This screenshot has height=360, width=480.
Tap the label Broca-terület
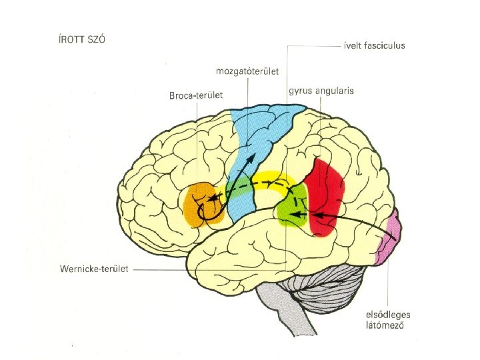195,95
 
